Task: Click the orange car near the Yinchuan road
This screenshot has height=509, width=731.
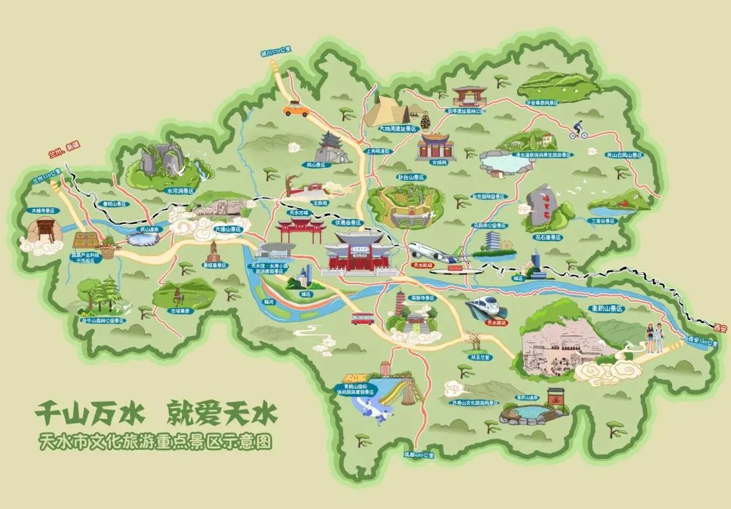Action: coord(294,108)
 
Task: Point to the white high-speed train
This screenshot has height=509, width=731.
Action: coord(486,306)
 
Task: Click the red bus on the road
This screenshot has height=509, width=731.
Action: coord(363,317)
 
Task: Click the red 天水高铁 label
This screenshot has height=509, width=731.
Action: coord(497,323)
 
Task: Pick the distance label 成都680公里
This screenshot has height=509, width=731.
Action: coord(417,454)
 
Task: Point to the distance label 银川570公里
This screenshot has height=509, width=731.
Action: coord(276,49)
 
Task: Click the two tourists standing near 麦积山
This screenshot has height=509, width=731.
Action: coord(655,336)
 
